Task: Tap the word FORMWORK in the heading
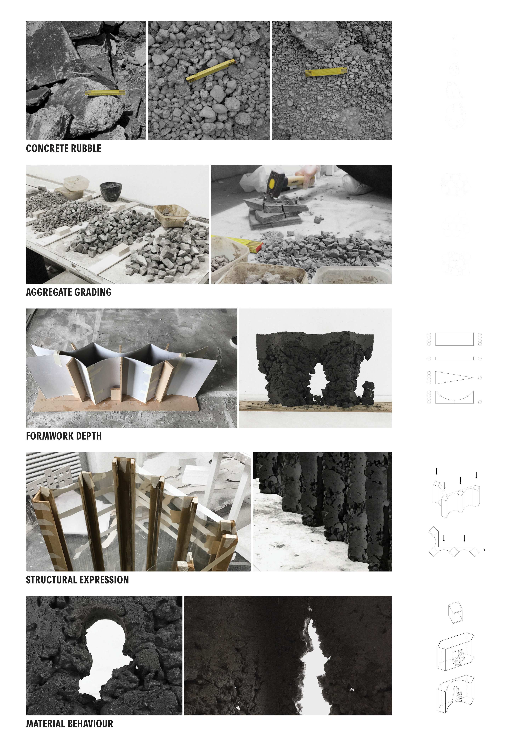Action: click(x=49, y=436)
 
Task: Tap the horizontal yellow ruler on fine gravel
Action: click(x=326, y=72)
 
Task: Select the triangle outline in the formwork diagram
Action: click(x=452, y=378)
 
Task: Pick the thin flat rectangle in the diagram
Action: click(x=454, y=358)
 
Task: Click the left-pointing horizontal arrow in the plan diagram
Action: click(x=487, y=550)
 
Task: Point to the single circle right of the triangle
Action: click(x=480, y=378)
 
